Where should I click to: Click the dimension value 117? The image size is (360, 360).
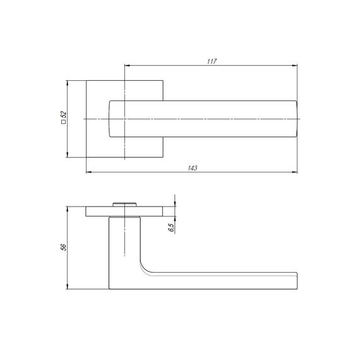212,61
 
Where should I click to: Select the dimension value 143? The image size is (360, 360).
193,168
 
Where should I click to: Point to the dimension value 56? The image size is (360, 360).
63,248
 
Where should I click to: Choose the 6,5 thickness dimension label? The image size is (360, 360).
171,227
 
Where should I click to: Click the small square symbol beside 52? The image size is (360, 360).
63,122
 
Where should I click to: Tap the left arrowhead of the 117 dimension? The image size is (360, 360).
127,66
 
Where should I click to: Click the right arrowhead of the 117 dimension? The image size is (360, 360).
294,66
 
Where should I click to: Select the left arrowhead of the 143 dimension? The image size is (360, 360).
89,172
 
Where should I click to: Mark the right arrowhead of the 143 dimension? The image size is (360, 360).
294,172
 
